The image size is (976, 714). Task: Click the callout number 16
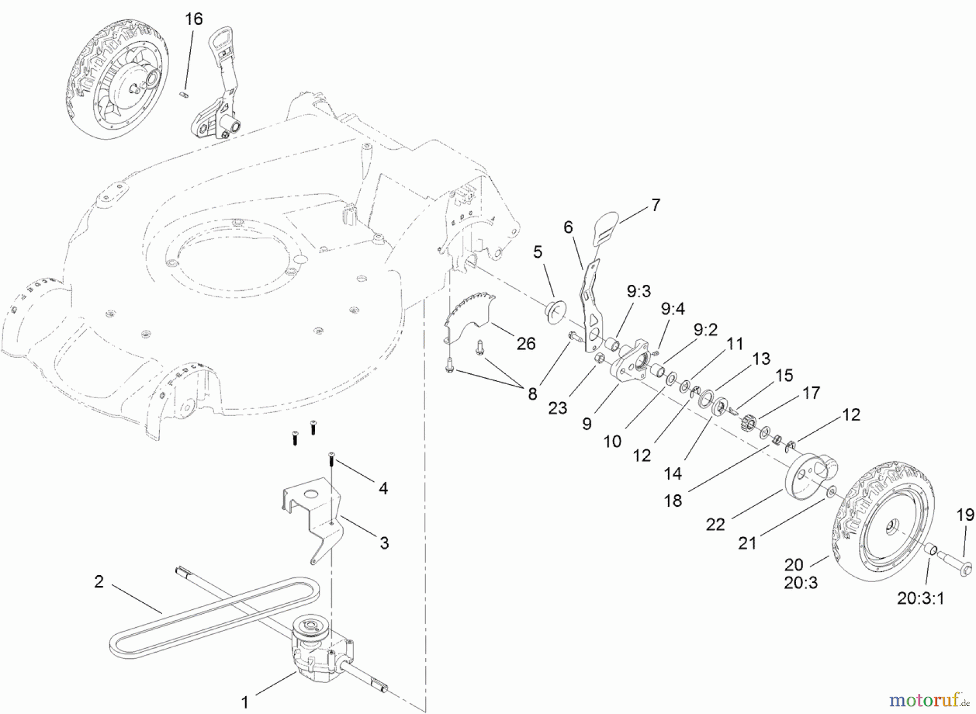tap(194, 19)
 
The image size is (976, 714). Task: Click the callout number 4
tap(383, 488)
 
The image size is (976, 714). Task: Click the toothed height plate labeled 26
tap(469, 315)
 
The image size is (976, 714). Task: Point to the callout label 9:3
tap(639, 291)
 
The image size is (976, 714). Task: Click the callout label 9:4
tap(672, 309)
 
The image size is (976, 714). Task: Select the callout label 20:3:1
tap(920, 598)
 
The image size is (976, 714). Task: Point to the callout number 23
tap(557, 407)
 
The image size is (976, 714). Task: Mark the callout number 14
tap(672, 473)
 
